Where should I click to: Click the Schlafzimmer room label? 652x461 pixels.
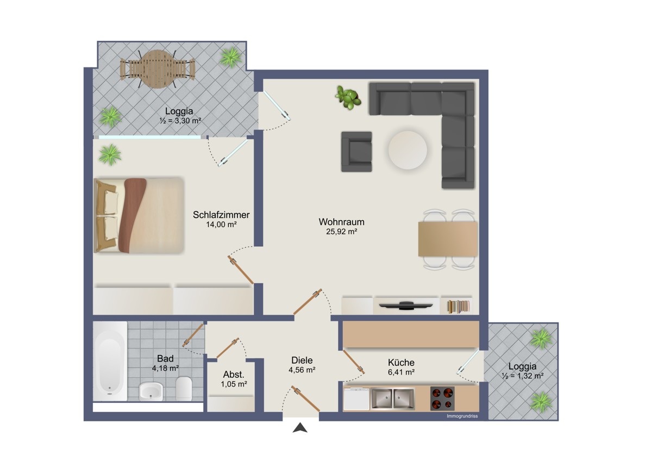tap(221, 215)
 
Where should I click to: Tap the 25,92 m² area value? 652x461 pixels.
tap(341, 232)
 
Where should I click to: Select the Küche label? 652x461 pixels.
tap(401, 363)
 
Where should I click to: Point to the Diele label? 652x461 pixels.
tap(302, 360)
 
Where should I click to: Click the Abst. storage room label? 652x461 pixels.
tap(234, 375)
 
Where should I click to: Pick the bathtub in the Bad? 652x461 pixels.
tap(110, 361)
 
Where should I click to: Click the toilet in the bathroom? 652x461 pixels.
tap(184, 388)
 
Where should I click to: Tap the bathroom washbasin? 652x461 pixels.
tap(151, 391)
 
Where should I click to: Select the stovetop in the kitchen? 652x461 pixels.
tap(442, 398)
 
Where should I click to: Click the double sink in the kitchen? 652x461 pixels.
tap(393, 398)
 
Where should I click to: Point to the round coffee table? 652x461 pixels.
tap(407, 150)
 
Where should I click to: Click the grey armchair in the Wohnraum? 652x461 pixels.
tap(356, 152)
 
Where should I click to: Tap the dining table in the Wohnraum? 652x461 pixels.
tap(448, 239)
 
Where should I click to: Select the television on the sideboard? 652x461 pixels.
tap(406, 306)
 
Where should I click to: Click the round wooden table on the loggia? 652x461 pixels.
tap(158, 69)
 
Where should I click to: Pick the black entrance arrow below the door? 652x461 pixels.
tap(300, 428)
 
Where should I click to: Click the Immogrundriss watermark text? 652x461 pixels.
tap(462, 416)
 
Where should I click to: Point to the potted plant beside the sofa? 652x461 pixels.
tap(348, 97)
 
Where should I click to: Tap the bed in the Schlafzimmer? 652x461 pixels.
tap(139, 215)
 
